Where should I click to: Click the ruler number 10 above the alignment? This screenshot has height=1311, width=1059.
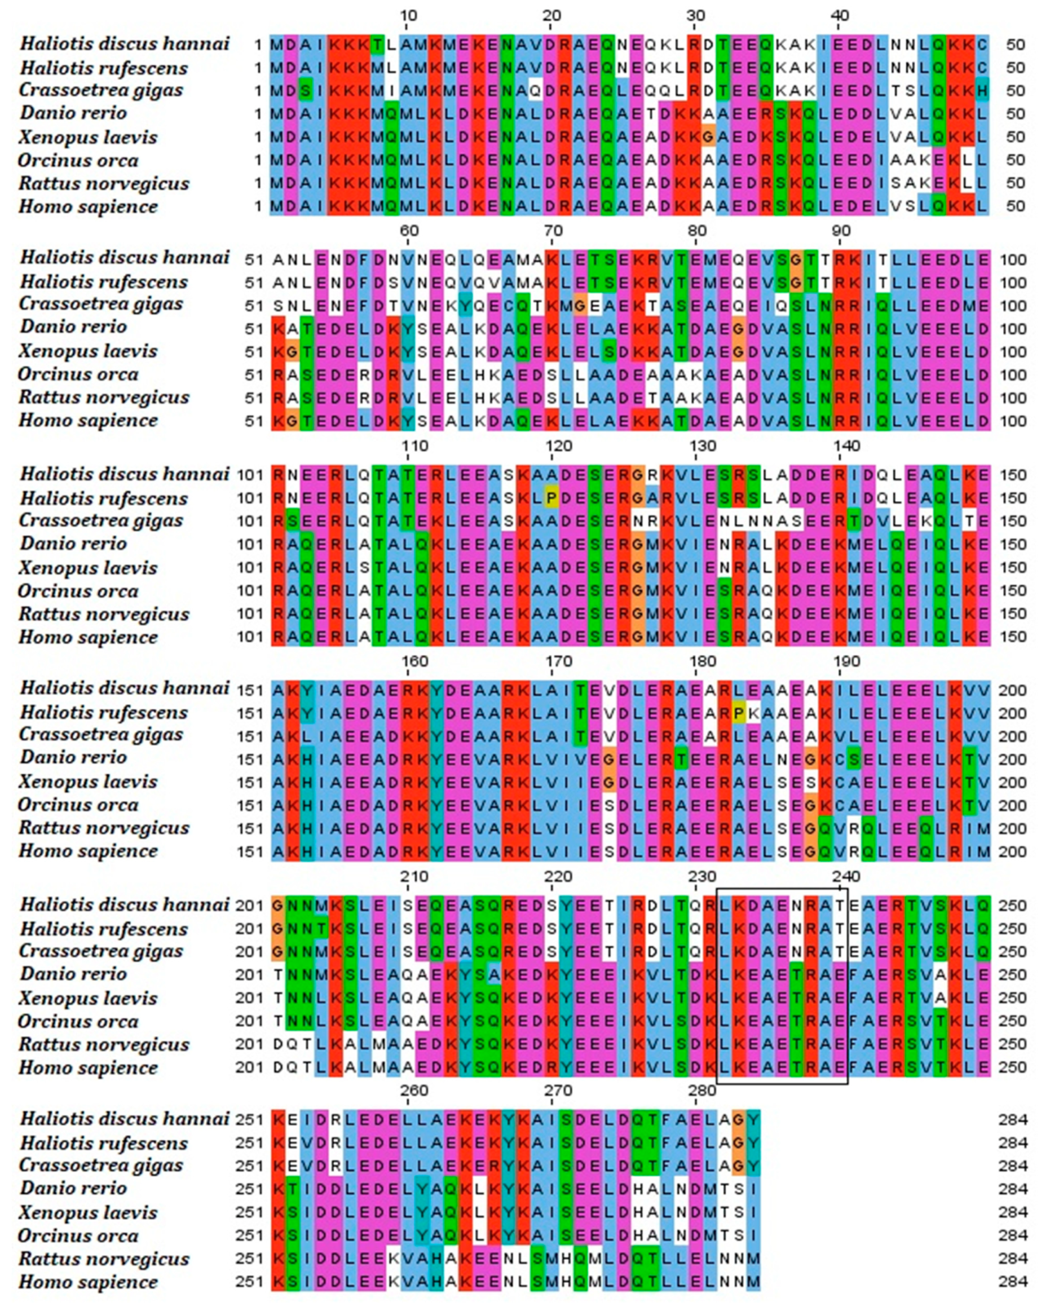408,15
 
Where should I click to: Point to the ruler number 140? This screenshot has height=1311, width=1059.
845,446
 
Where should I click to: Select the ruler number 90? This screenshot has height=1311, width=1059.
841,231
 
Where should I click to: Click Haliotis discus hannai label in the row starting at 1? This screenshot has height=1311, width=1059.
125,44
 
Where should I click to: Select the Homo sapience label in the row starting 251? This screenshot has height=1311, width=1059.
89,1282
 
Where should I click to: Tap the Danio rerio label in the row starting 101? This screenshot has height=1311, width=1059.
73,544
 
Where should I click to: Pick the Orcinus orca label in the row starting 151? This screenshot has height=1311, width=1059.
78,805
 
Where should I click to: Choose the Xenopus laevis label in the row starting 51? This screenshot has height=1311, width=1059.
88,351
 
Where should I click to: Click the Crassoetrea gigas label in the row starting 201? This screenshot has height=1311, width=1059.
100,951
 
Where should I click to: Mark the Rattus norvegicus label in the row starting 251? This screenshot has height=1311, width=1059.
104,1259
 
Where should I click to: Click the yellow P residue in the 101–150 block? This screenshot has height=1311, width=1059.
551,498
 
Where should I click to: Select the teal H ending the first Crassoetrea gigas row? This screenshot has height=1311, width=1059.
982,91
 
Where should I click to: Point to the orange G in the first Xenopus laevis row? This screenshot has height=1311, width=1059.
708,137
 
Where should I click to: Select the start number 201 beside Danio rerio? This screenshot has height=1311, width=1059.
249,975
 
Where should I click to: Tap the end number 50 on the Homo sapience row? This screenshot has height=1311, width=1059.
1015,207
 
